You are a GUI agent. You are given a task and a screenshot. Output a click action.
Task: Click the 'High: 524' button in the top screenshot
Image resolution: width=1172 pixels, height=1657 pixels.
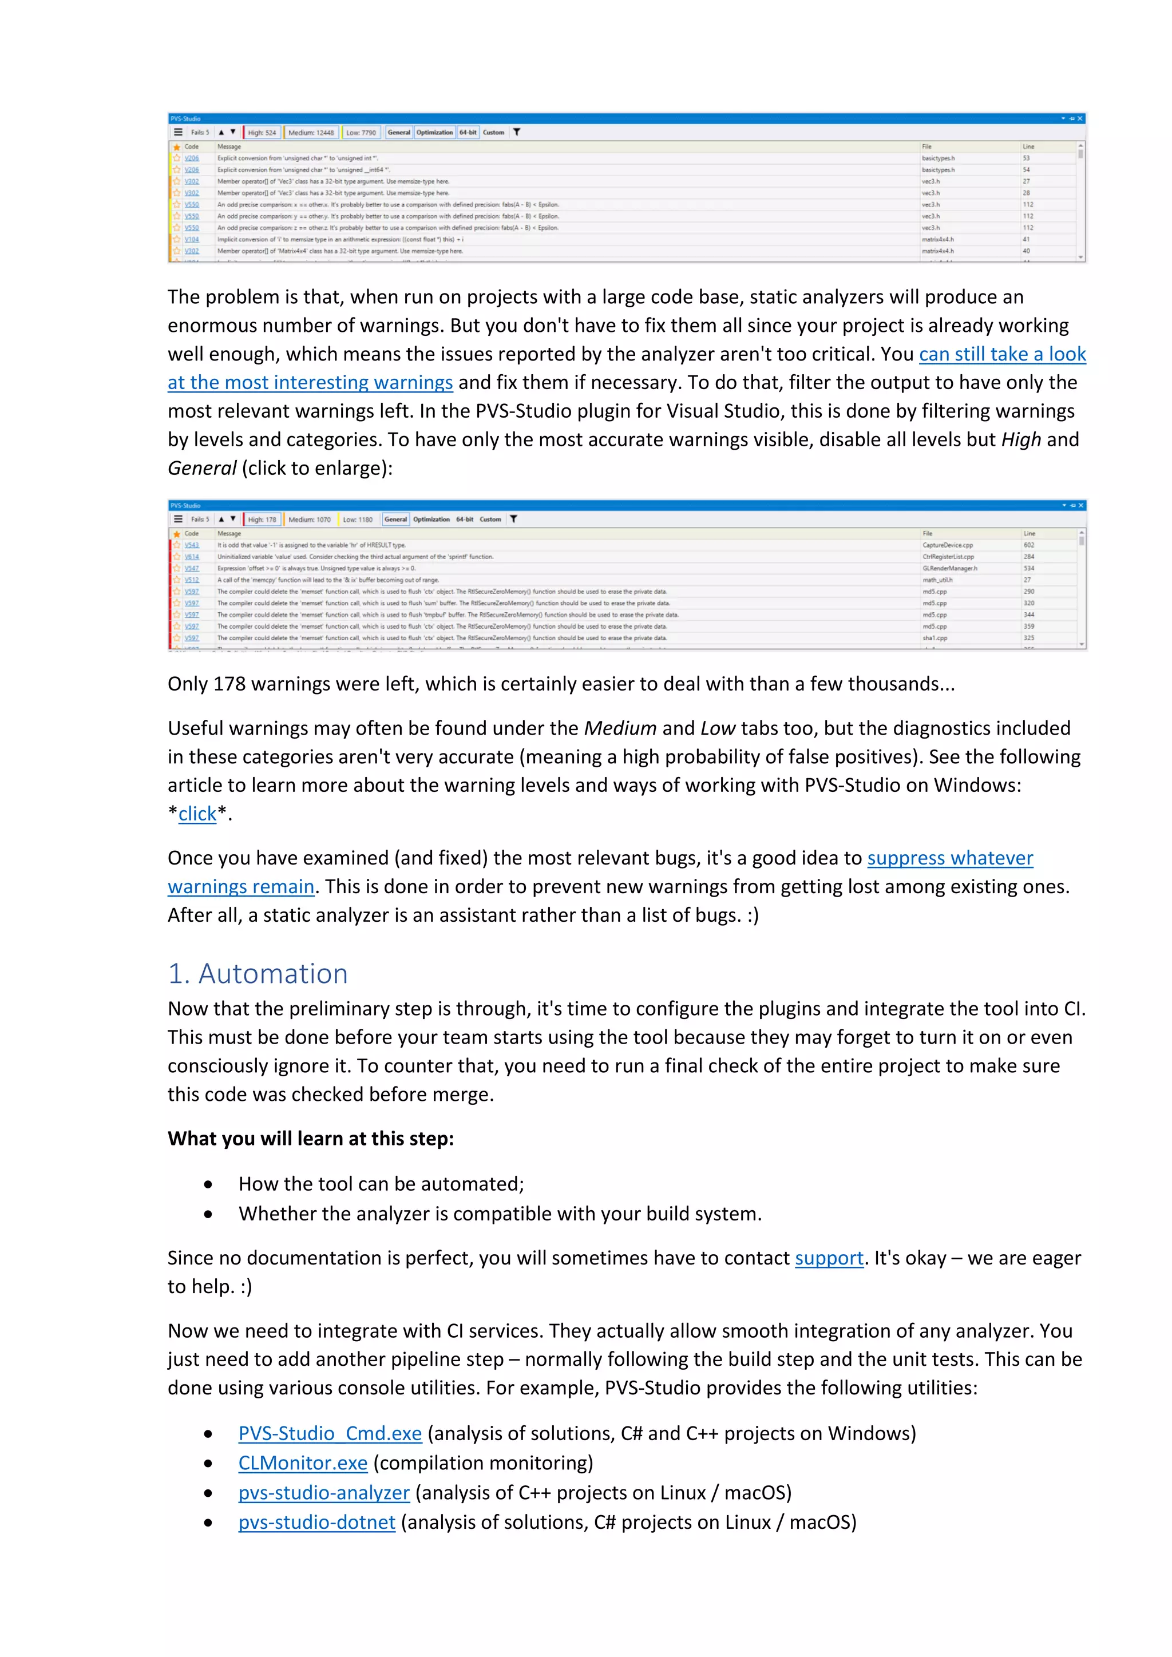[x=262, y=133]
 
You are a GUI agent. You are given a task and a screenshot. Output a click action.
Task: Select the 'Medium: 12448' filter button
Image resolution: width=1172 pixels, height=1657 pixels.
[x=311, y=133]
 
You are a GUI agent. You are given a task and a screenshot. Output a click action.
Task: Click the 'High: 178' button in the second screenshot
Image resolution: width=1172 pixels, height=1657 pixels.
[x=262, y=520]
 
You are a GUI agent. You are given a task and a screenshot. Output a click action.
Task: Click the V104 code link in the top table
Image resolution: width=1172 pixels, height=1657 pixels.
[x=191, y=240]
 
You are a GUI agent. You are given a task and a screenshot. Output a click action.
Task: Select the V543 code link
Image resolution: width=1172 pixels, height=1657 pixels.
[x=191, y=546]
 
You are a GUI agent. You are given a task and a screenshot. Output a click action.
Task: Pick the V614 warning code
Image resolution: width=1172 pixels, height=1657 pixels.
[x=191, y=557]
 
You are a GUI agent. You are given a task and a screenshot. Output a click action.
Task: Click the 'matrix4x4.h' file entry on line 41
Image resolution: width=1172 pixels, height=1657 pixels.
[x=937, y=240]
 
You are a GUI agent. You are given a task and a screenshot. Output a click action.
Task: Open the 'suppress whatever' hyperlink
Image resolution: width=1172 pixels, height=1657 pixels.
[x=950, y=858]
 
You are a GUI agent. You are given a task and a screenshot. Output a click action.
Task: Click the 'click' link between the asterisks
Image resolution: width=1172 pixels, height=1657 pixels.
[x=197, y=814]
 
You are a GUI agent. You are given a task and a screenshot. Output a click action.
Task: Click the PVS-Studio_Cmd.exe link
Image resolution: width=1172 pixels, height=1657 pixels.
[x=330, y=1433]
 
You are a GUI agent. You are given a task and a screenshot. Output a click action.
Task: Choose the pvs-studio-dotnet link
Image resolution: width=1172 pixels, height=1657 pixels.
[x=317, y=1522]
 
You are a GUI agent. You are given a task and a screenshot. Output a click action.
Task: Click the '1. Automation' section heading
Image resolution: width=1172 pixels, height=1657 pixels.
[x=258, y=974]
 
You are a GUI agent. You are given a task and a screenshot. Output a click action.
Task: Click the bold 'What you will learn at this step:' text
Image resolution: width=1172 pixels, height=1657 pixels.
[x=310, y=1139]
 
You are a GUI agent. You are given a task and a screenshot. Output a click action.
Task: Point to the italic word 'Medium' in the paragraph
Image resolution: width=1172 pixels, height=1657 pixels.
[x=620, y=728]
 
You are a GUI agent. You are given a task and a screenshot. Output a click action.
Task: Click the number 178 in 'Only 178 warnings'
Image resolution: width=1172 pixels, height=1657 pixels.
[x=229, y=684]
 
